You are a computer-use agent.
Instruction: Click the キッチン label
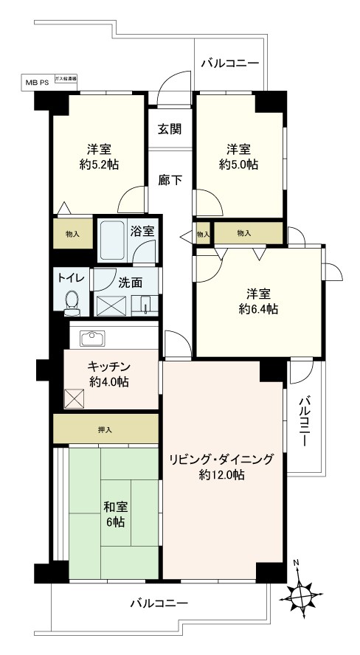pos(109,367)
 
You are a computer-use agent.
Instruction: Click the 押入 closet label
pos(105,429)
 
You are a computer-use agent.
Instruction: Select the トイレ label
pos(71,277)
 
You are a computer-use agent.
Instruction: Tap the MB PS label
pos(38,83)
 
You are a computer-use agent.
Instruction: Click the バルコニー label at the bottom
pos(159,603)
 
